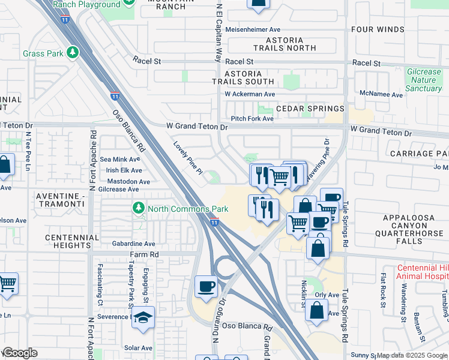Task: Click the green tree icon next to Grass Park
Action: pyautogui.click(x=73, y=53)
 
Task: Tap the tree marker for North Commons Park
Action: pyautogui.click(x=139, y=209)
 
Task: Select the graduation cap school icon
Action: pyautogui.click(x=143, y=317)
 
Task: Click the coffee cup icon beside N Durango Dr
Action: pyautogui.click(x=206, y=286)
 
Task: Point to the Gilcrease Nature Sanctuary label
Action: pyautogui.click(x=424, y=80)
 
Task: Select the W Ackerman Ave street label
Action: pyautogui.click(x=250, y=94)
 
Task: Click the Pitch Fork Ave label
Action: pyautogui.click(x=252, y=119)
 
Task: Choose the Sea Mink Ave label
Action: pyautogui.click(x=120, y=159)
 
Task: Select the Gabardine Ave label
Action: pyautogui.click(x=133, y=244)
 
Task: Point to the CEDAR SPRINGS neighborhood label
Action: pyautogui.click(x=310, y=109)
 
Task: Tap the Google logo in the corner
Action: pyautogui.click(x=20, y=353)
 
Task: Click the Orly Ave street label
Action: pyautogui.click(x=327, y=295)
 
